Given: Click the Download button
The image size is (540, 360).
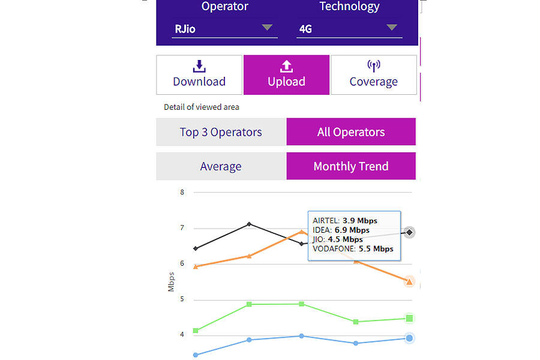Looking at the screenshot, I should (199, 75).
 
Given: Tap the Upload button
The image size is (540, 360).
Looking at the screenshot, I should (286, 75).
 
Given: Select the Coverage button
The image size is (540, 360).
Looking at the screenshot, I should (373, 75).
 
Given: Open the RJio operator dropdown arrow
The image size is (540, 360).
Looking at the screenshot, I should (267, 28).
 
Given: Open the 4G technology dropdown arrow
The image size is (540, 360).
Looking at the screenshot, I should (392, 28).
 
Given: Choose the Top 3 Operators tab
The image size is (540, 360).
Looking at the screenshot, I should (221, 132).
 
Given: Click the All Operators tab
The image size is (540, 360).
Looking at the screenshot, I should (351, 132).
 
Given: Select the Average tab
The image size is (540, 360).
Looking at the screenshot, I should (221, 166).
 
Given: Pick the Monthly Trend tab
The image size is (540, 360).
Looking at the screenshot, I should (351, 166).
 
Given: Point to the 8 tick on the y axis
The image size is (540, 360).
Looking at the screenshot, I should (182, 193).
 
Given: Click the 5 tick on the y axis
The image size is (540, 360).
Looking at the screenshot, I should (182, 299).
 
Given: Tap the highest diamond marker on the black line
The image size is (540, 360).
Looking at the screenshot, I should (250, 224).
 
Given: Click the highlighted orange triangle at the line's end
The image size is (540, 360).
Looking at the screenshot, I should (409, 281).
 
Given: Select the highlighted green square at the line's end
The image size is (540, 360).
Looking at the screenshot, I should (409, 319).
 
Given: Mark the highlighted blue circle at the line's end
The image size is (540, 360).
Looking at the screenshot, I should (409, 338).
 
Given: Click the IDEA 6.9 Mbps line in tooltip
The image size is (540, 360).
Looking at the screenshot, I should (341, 230).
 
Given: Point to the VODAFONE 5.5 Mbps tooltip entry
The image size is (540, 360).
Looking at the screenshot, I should (353, 248).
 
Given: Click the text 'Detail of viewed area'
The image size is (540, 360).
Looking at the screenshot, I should (202, 107).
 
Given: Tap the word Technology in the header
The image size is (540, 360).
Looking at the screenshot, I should (349, 7).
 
